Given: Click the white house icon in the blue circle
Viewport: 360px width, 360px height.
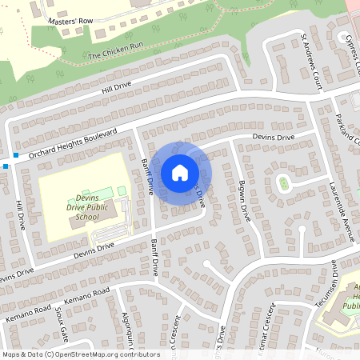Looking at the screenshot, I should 180,172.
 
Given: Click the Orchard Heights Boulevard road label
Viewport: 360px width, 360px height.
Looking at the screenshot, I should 74,143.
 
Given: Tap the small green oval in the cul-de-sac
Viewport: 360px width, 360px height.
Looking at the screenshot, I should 283,184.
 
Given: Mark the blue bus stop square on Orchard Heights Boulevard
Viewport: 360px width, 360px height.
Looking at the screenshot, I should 16,153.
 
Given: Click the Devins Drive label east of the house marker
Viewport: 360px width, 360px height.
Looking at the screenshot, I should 274,138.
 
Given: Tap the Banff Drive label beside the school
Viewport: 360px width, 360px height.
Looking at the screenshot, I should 146,176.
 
